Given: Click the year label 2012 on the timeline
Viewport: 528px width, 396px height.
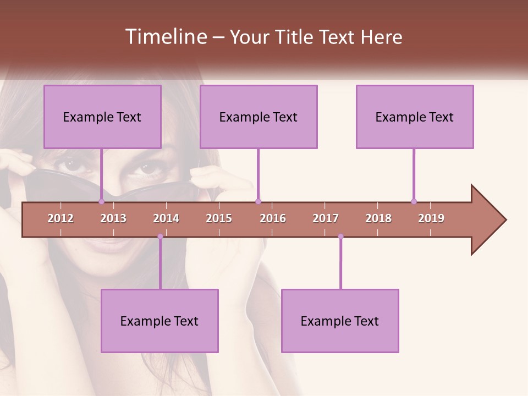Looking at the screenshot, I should (61, 218).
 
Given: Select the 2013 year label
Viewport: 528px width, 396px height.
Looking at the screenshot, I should (113, 218).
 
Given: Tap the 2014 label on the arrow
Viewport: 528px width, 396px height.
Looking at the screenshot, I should (166, 218).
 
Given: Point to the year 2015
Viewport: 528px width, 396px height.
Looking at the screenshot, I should (219, 218).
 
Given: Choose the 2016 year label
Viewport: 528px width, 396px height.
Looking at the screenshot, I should (273, 218).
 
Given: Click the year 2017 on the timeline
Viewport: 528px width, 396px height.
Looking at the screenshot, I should (326, 218).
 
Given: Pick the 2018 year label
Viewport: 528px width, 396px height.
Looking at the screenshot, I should (378, 218).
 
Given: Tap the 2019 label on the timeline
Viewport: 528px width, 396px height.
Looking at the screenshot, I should (431, 218).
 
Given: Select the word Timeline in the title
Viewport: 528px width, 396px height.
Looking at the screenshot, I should (166, 37).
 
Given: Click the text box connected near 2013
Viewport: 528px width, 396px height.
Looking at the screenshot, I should (102, 117).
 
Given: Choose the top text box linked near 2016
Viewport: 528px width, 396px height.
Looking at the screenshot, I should (258, 117).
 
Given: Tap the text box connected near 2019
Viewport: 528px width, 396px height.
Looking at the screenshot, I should (415, 117).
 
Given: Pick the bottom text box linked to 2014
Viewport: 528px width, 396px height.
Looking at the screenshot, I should (159, 321).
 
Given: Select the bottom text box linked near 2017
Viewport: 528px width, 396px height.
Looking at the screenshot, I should (340, 321).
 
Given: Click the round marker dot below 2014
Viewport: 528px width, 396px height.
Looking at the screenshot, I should (160, 237).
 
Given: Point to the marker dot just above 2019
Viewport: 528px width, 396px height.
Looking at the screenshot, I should (414, 201).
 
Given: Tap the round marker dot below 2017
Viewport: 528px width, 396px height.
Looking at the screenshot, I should (340, 237).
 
